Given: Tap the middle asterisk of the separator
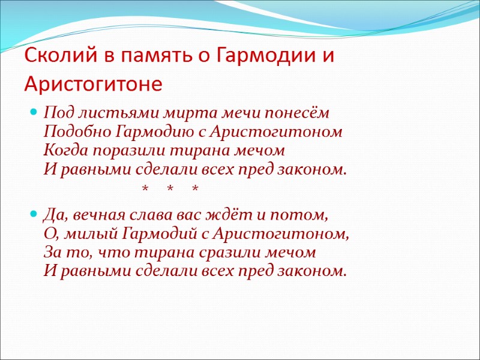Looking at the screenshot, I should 170,190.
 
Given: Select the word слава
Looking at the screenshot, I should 149,215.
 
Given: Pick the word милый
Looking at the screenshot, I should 91,233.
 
